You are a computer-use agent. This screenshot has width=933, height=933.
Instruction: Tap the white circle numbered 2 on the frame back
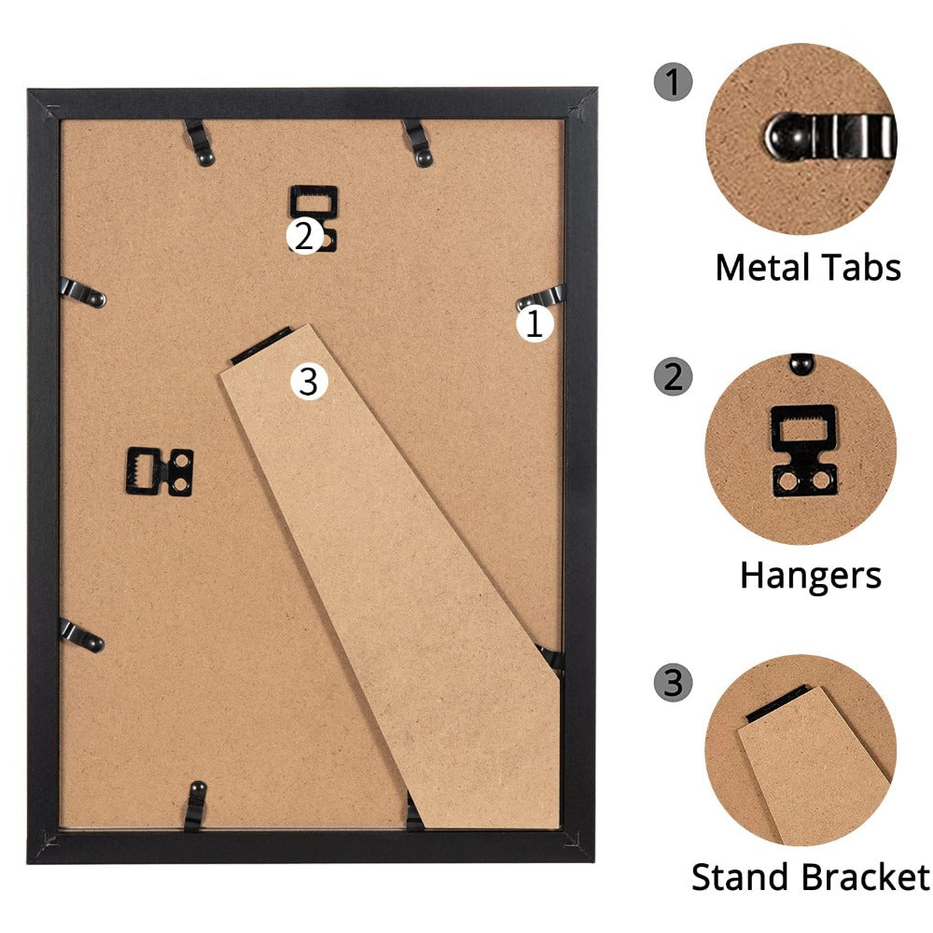tap(305, 236)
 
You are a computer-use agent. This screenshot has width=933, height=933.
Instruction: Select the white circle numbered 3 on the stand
tap(309, 381)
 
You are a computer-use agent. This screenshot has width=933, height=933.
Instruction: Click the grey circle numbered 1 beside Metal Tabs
tap(673, 81)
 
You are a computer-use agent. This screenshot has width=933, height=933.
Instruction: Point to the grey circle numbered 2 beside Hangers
tap(673, 376)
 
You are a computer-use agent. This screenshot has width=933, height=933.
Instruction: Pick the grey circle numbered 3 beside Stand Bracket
tap(673, 682)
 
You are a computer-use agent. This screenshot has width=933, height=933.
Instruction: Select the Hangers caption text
tap(811, 576)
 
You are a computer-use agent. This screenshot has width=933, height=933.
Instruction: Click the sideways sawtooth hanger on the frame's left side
tap(160, 472)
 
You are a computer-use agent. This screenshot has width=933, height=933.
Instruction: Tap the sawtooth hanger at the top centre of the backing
tap(313, 217)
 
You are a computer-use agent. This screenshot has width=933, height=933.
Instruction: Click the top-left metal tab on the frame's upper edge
tap(200, 143)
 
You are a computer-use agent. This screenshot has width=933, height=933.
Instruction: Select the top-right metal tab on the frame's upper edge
tap(418, 143)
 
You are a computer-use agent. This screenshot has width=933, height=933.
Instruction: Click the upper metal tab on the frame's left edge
tap(83, 292)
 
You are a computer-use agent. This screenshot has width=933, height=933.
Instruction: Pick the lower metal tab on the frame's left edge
tap(81, 636)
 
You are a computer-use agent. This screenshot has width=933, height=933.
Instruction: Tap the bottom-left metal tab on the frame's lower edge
tap(195, 806)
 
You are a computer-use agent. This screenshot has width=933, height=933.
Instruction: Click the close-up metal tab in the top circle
tap(830, 137)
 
